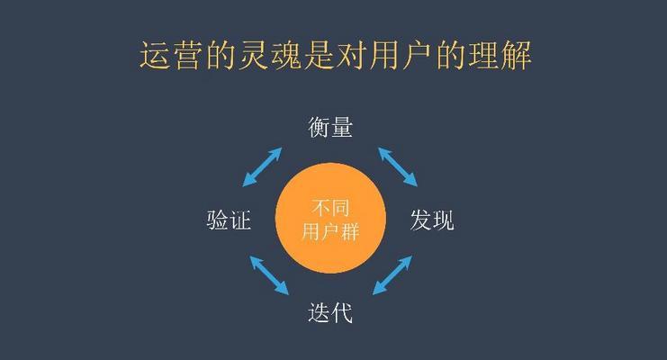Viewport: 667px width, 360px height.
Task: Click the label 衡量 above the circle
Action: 330,127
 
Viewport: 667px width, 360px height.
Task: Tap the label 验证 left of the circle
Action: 229,220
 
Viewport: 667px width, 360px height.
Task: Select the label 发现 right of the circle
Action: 432,220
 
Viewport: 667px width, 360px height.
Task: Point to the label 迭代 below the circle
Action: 330,313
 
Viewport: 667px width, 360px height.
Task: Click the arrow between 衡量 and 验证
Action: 263,166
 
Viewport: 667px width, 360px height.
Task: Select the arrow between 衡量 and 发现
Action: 398,166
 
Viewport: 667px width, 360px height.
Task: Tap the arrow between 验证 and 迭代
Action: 269,274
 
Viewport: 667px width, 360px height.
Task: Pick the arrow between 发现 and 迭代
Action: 392,274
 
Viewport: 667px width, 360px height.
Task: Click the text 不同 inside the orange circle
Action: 330,208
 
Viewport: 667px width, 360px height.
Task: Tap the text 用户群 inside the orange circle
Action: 330,232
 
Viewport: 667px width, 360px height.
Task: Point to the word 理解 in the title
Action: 500,55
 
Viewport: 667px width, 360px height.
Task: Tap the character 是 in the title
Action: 318,55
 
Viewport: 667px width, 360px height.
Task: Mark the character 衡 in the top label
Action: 319,127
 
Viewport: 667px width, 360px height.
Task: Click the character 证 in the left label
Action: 240,220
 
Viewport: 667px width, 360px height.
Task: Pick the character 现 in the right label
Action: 444,220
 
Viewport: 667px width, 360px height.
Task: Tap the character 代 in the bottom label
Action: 342,313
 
